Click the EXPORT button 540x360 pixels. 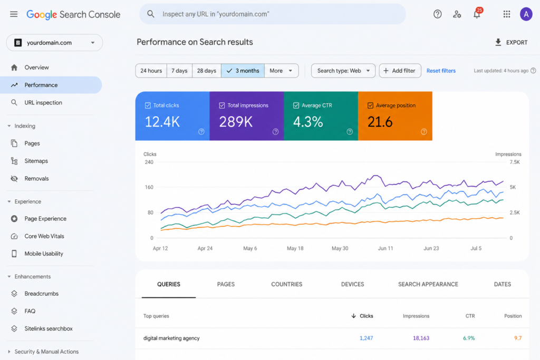pyautogui.click(x=511, y=42)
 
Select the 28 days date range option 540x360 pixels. pyautogui.click(x=207, y=71)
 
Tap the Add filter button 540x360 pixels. pyautogui.click(x=400, y=71)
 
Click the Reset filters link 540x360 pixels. pyautogui.click(x=441, y=71)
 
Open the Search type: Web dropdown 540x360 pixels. pyautogui.click(x=343, y=71)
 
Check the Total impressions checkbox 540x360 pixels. pyautogui.click(x=222, y=105)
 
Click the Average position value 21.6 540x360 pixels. pyautogui.click(x=380, y=122)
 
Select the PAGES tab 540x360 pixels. pyautogui.click(x=226, y=284)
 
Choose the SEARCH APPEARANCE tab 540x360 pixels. pyautogui.click(x=428, y=284)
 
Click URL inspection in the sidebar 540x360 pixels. pyautogui.click(x=43, y=103)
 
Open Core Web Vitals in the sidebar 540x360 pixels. pyautogui.click(x=44, y=236)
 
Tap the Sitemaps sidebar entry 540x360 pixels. pyautogui.click(x=36, y=161)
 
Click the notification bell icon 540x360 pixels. pyautogui.click(x=477, y=14)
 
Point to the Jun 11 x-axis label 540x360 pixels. pyautogui.click(x=385, y=248)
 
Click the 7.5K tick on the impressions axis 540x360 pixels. pyautogui.click(x=515, y=162)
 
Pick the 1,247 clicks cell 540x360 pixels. pyautogui.click(x=366, y=338)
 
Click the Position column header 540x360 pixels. pyautogui.click(x=513, y=316)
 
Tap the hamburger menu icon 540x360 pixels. pyautogui.click(x=14, y=14)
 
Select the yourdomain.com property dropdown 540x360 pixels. pyautogui.click(x=54, y=43)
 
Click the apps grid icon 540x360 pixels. pyautogui.click(x=507, y=14)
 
